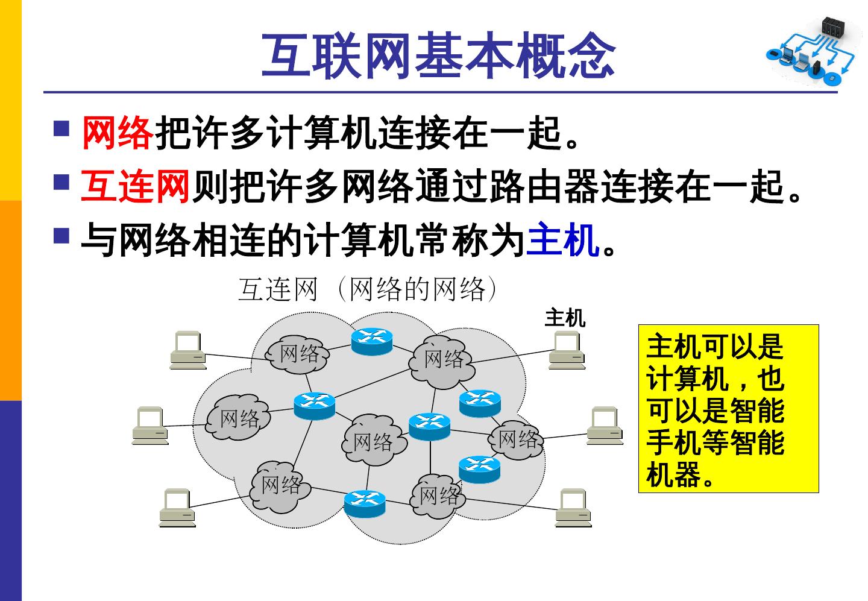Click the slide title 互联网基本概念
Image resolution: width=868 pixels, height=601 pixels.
click(438, 55)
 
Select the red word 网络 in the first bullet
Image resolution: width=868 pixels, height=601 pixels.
click(118, 133)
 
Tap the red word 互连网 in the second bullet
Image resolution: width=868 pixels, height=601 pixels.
click(136, 186)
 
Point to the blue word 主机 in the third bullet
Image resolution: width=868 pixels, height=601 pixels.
click(563, 240)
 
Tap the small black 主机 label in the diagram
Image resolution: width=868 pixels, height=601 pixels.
click(565, 318)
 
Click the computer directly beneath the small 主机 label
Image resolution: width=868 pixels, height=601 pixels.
click(567, 350)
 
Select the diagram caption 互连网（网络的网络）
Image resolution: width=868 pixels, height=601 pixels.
click(368, 289)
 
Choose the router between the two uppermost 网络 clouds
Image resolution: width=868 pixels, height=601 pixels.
click(371, 341)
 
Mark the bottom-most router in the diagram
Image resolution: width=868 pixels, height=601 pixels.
click(365, 503)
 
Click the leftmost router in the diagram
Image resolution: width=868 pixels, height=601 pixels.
click(314, 405)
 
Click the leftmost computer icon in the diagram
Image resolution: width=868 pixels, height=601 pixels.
click(150, 426)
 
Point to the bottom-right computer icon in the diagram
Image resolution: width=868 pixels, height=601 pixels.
click(573, 508)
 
